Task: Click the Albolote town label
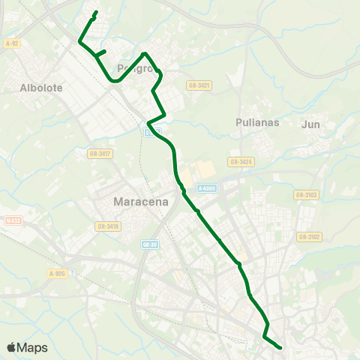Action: click(x=42, y=87)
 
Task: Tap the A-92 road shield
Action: click(x=10, y=43)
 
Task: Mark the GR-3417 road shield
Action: click(x=100, y=154)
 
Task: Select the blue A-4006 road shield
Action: click(x=206, y=189)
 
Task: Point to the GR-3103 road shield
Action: click(x=307, y=194)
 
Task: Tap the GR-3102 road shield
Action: click(x=308, y=237)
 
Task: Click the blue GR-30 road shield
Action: click(x=149, y=244)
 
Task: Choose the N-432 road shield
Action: click(x=13, y=220)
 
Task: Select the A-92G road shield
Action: click(x=57, y=274)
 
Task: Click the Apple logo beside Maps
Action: click(x=12, y=347)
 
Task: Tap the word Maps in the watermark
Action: click(x=33, y=347)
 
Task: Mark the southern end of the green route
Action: click(x=280, y=347)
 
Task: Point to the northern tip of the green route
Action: click(x=97, y=13)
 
